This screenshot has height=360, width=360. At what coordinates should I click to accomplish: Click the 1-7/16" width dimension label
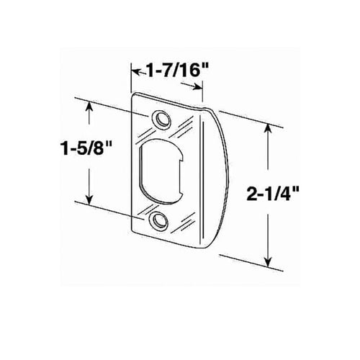(177, 71)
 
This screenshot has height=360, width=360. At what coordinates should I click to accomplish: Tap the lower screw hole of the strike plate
(158, 220)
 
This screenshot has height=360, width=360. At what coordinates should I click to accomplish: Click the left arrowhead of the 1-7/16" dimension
(136, 72)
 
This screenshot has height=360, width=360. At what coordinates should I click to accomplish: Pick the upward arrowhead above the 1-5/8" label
(89, 107)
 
